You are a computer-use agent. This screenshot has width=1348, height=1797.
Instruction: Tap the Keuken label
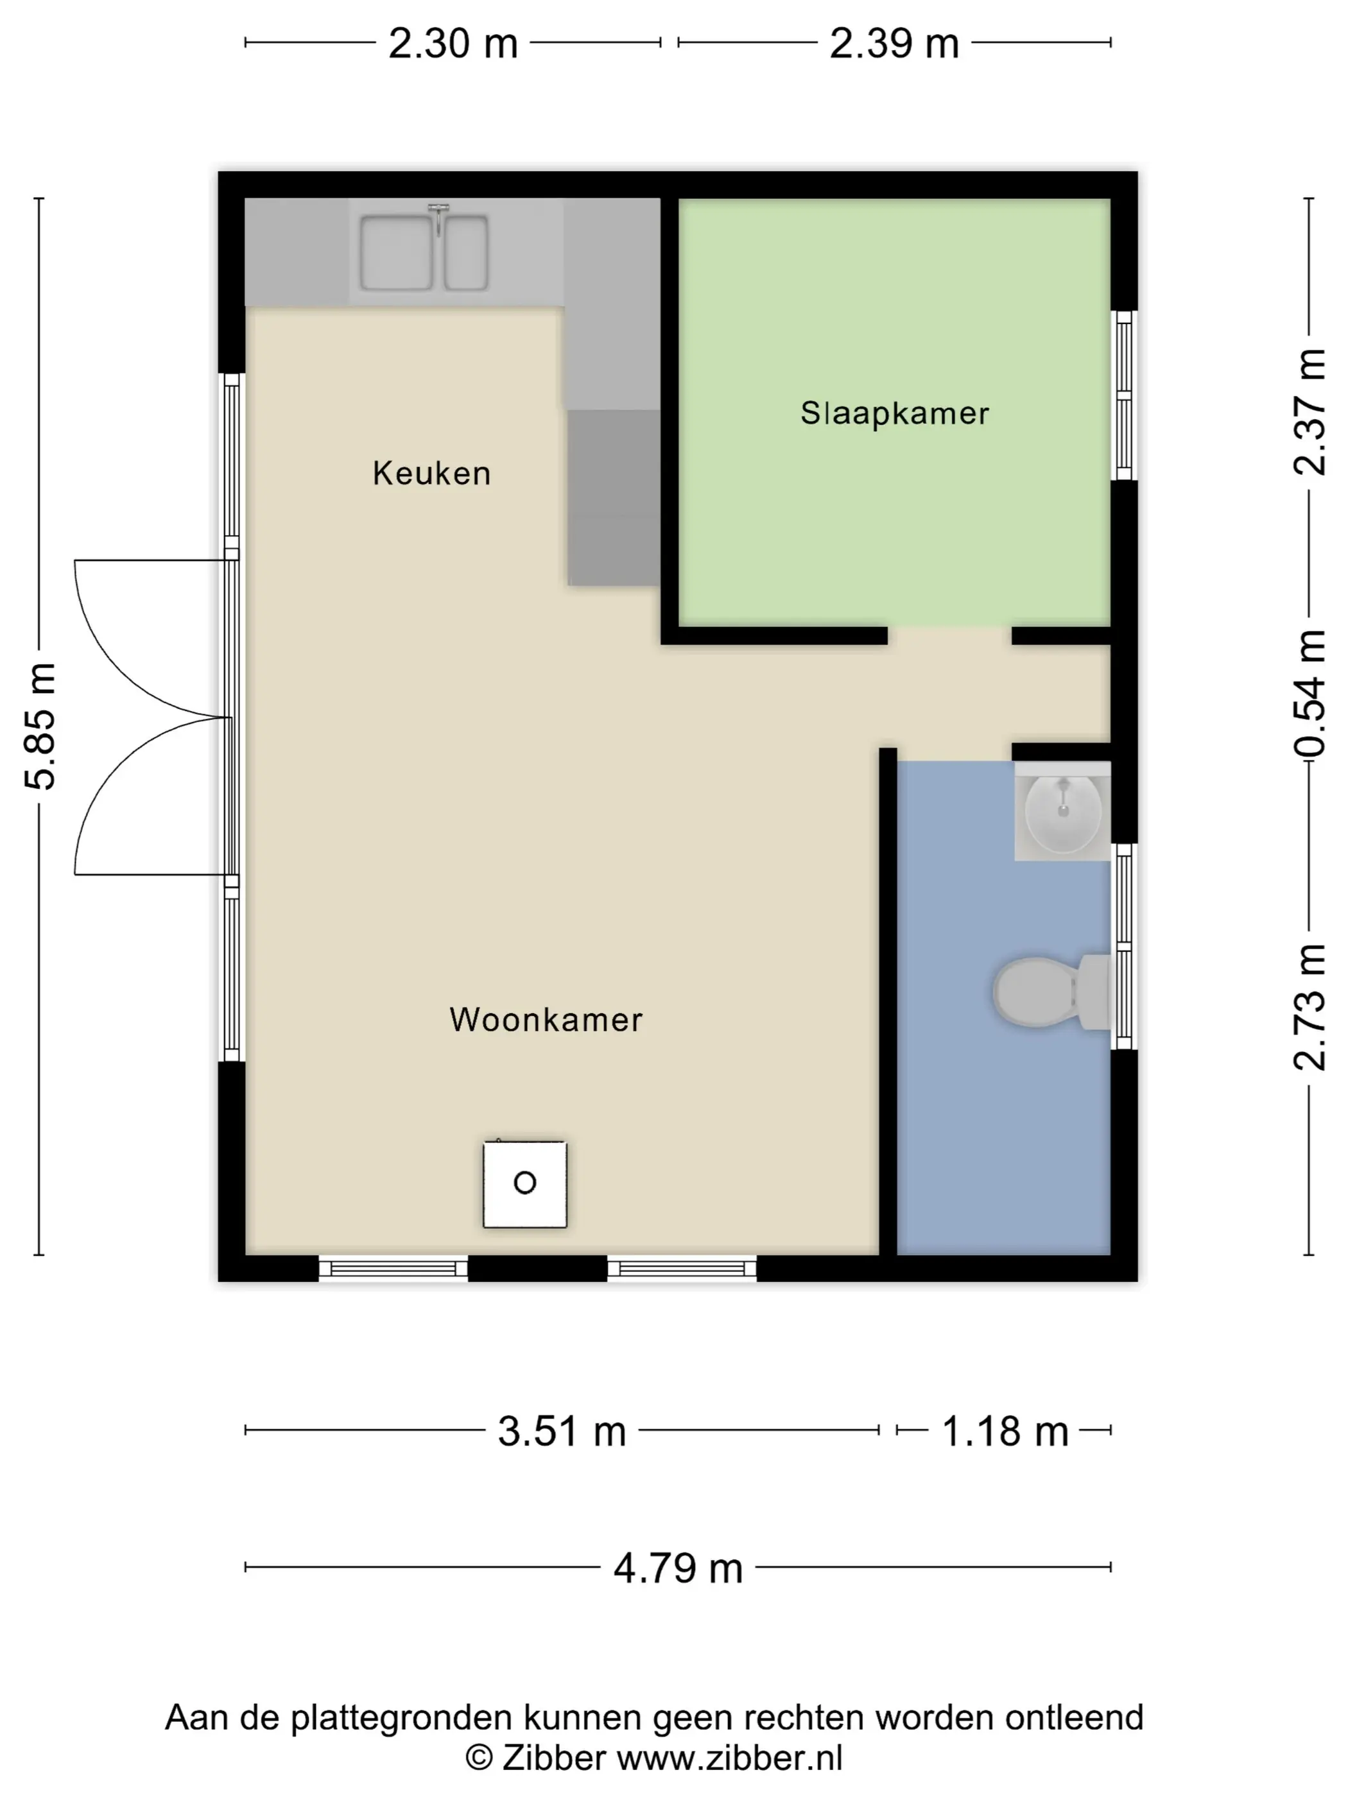tap(431, 473)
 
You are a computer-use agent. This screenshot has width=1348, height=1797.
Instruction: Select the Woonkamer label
tap(546, 1020)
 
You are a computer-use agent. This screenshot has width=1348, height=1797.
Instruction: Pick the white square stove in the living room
tap(525, 1183)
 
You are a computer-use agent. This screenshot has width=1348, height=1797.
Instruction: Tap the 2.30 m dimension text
tap(453, 43)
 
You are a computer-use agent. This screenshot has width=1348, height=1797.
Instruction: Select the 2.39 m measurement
tap(894, 43)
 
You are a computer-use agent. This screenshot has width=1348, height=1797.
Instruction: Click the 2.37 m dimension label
tap(1309, 412)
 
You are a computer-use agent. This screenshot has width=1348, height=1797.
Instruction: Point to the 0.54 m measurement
tap(1309, 694)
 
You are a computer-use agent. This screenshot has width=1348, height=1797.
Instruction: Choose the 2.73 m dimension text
tap(1309, 1008)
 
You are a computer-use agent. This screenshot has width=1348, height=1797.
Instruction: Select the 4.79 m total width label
tap(678, 1568)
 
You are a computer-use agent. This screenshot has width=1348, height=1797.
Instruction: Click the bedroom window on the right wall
tap(1124, 395)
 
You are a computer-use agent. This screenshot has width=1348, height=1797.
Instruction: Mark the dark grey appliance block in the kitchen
tap(614, 497)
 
